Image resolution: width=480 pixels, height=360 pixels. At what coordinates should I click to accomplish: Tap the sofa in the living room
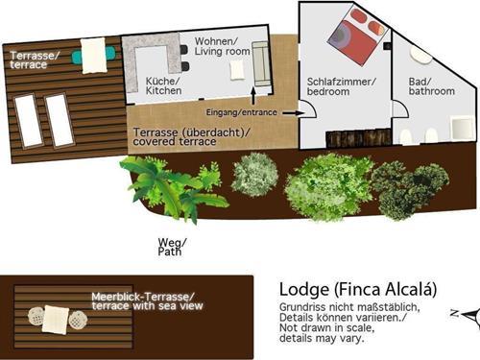pyautogui.click(x=261, y=63)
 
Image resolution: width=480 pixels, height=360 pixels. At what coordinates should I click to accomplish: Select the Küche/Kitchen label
pyautogui.click(x=163, y=85)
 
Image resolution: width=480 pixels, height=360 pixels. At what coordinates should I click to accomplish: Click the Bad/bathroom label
pyautogui.click(x=431, y=86)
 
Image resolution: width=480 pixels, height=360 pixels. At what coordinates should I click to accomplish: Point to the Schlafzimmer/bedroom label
pyautogui.click(x=342, y=86)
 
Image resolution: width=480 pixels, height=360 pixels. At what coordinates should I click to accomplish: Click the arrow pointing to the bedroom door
pyautogui.click(x=294, y=112)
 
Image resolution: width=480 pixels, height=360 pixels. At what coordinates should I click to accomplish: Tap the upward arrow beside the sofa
pyautogui.click(x=253, y=96)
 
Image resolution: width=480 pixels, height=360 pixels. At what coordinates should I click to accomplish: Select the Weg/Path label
pyautogui.click(x=172, y=247)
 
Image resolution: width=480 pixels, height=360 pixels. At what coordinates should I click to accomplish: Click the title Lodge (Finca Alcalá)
pyautogui.click(x=358, y=289)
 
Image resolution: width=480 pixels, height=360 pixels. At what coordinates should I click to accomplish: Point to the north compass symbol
pyautogui.click(x=468, y=315)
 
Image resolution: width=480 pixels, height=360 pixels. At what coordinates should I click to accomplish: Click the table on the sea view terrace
pyautogui.click(x=56, y=320)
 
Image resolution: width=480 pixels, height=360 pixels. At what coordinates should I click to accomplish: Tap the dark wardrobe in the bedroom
pyautogui.click(x=358, y=138)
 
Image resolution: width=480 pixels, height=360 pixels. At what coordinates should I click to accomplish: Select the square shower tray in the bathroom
pyautogui.click(x=462, y=129)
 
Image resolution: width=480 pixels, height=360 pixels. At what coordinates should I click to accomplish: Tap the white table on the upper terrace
pyautogui.click(x=93, y=56)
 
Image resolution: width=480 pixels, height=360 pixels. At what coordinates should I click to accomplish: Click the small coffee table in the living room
pyautogui.click(x=237, y=70)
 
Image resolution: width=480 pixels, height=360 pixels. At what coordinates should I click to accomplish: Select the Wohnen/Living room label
pyautogui.click(x=222, y=46)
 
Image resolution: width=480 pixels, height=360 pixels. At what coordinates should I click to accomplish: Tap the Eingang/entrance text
pyautogui.click(x=241, y=112)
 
